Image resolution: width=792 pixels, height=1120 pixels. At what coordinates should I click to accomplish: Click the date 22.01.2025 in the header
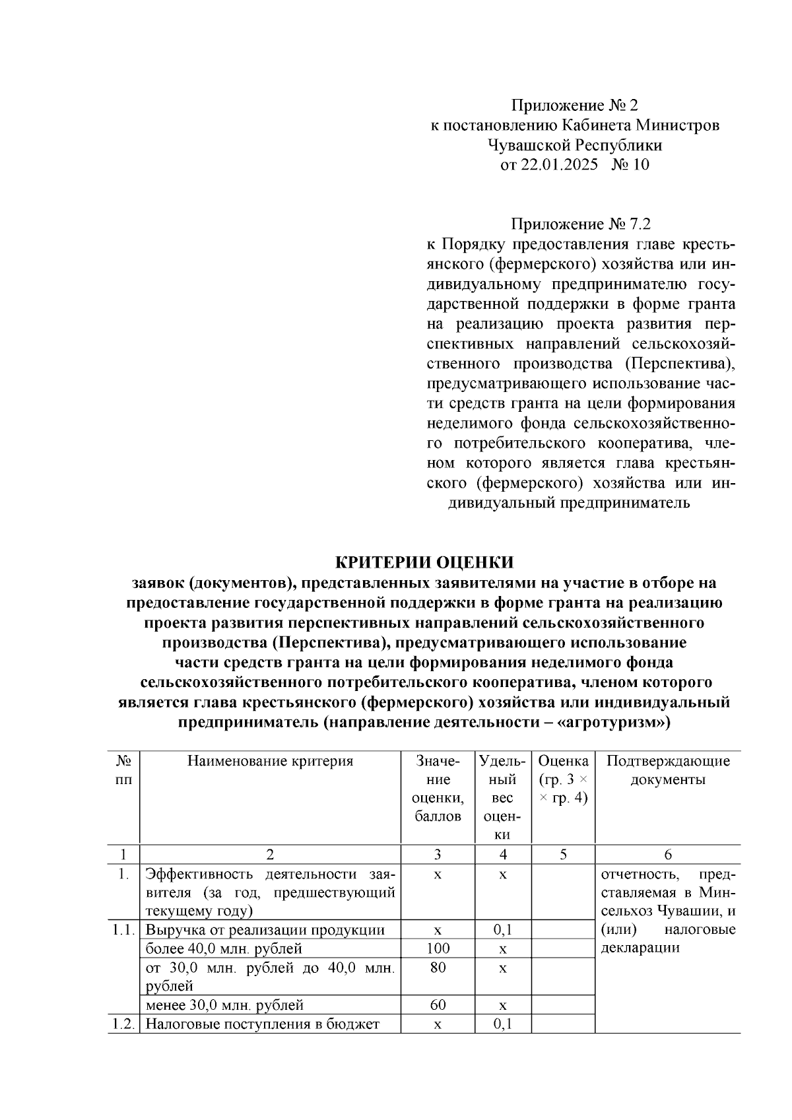(x=559, y=165)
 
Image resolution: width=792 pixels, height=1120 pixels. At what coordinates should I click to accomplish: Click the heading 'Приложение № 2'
(x=575, y=106)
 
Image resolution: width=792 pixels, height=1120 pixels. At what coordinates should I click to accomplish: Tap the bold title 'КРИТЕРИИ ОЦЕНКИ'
(x=424, y=562)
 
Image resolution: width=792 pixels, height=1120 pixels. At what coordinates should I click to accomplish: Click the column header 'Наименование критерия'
(x=270, y=761)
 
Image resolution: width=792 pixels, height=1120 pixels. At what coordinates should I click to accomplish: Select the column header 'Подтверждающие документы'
(x=667, y=770)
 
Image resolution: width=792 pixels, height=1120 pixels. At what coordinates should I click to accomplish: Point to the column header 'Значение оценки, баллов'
(x=438, y=789)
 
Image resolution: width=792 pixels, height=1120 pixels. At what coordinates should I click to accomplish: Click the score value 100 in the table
(x=438, y=948)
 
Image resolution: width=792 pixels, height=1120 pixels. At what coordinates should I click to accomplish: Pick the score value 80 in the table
(x=438, y=968)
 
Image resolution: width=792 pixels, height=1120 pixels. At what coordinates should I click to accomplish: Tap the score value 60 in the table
(x=438, y=1005)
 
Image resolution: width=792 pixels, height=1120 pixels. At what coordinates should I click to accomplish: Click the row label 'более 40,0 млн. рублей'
(x=224, y=949)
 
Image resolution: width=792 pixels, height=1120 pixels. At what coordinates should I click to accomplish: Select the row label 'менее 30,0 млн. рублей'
(x=224, y=1005)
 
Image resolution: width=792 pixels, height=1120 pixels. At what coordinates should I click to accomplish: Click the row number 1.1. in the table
(x=123, y=931)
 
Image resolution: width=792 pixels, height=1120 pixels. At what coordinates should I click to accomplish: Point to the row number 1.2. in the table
(x=123, y=1024)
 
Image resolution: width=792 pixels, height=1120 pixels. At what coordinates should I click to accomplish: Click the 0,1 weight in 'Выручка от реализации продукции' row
(x=503, y=931)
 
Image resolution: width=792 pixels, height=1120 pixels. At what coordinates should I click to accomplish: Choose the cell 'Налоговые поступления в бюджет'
(x=262, y=1024)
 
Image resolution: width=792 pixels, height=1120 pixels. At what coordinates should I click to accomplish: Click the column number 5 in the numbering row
(x=562, y=855)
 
